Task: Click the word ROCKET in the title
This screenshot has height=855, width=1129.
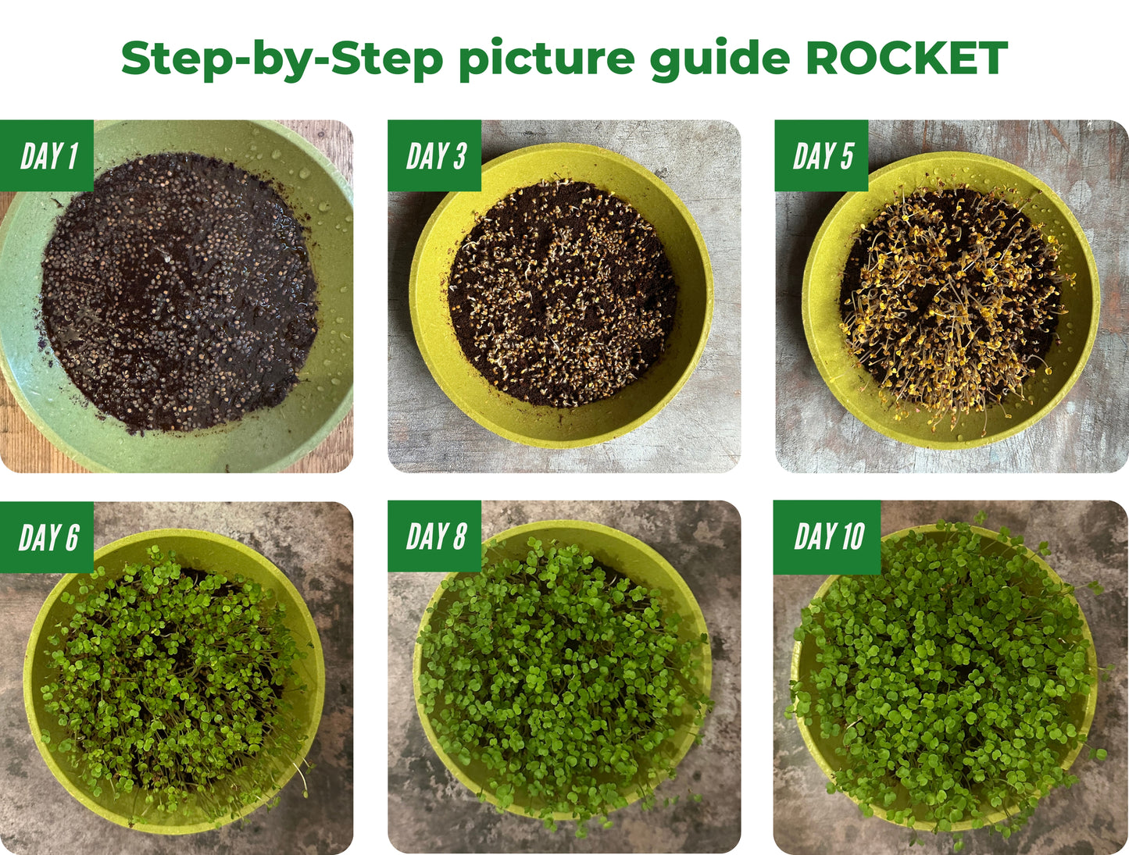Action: pyautogui.click(x=906, y=59)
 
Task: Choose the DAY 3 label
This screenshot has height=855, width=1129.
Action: pyautogui.click(x=435, y=156)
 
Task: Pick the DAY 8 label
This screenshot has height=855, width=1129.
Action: pyautogui.click(x=435, y=537)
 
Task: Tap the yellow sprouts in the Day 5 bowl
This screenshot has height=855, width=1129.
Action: pyautogui.click(x=949, y=305)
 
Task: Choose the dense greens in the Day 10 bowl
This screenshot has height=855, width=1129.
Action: pyautogui.click(x=945, y=679)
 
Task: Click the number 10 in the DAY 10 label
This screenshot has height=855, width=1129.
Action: pyautogui.click(x=852, y=537)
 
